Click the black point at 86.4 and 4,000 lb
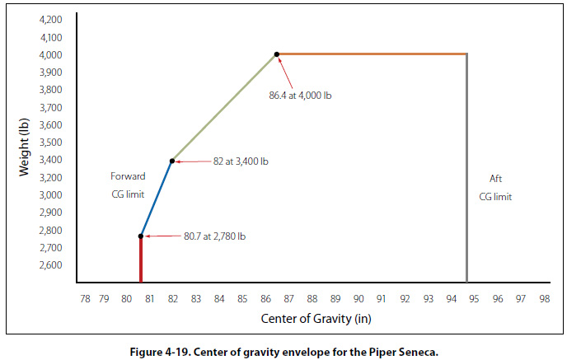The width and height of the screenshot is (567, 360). click(277, 54)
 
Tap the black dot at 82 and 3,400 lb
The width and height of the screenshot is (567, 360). click(172, 161)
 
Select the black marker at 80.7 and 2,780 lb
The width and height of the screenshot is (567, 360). click(141, 236)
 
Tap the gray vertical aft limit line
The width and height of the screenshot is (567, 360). click(467, 165)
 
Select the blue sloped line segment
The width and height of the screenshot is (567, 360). click(157, 199)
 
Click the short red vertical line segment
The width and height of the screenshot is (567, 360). click(141, 259)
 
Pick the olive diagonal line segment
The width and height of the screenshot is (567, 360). click(224, 107)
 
